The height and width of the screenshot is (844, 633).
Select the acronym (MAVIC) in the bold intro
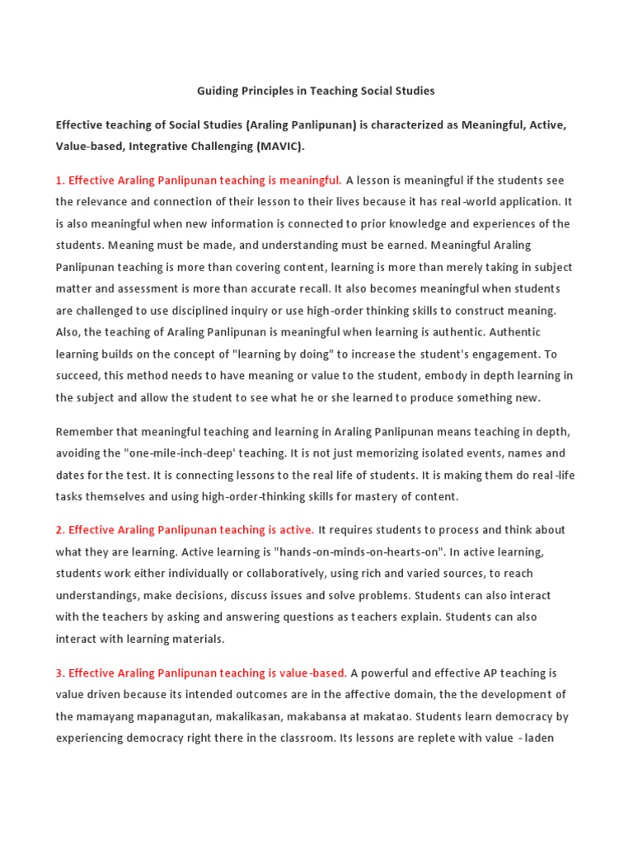(277, 147)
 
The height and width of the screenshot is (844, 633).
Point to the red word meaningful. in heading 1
(310, 180)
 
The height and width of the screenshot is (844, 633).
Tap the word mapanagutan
(165, 716)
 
